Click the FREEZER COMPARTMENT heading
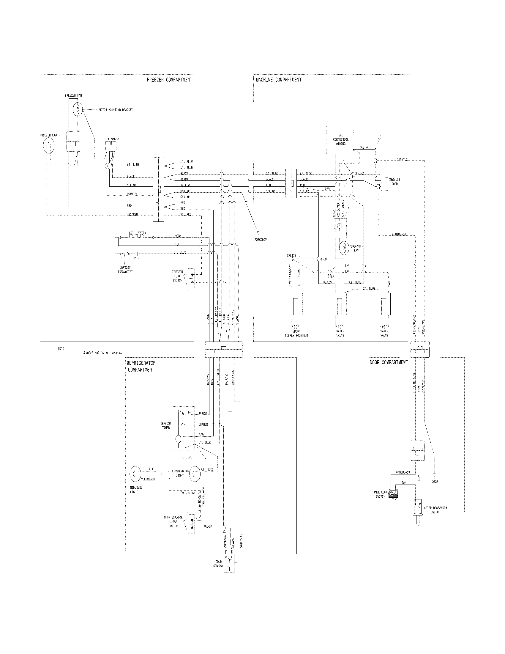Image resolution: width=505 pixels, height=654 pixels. (x=169, y=80)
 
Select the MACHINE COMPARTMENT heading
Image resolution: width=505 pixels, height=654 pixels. (x=279, y=80)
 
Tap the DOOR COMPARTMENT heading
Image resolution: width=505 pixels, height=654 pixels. (x=389, y=362)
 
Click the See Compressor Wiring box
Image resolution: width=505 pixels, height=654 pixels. (x=341, y=140)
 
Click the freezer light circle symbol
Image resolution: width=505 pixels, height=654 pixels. (x=49, y=146)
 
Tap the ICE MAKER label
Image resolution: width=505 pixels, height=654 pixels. (x=112, y=139)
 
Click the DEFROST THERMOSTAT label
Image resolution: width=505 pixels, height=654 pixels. (x=125, y=270)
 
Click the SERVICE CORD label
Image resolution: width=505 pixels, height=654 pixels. (x=394, y=182)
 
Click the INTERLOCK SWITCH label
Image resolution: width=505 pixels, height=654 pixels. (x=380, y=494)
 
